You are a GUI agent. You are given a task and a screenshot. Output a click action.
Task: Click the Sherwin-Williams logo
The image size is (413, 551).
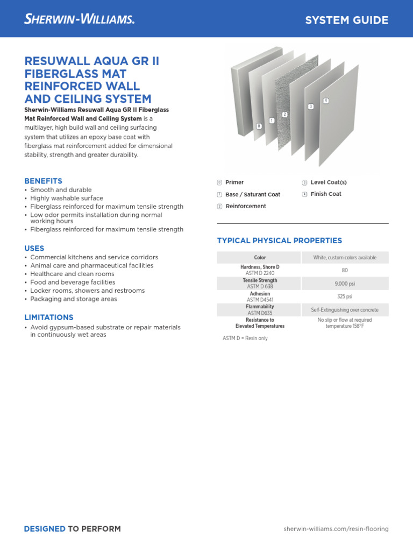pos(79,19)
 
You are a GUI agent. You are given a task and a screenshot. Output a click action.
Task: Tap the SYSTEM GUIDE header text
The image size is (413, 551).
pos(346,20)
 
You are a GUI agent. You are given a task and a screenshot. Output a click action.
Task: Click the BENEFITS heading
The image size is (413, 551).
pos(43,181)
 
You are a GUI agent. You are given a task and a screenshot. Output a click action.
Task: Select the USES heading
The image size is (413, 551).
pos(34,248)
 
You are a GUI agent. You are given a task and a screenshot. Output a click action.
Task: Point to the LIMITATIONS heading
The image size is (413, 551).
pos(48,317)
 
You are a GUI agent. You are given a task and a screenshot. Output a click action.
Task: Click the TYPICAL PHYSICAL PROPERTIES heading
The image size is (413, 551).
pos(279,241)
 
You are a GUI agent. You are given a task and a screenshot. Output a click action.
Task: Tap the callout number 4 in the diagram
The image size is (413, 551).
pos(325,101)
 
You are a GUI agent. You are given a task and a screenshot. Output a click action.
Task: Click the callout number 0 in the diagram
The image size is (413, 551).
pos(259,126)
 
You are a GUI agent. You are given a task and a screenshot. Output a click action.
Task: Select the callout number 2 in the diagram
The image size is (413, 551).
pos(284,115)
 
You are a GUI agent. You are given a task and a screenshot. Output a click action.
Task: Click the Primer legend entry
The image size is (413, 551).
pos(234,182)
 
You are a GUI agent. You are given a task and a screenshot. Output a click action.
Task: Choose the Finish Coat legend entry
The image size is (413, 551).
pos(325,194)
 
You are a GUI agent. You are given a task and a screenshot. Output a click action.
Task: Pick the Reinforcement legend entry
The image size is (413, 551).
pos(245,206)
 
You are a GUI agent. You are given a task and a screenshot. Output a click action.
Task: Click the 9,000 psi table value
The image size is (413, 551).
pos(345,284)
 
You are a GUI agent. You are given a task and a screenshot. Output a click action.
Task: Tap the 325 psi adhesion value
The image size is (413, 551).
pos(345,296)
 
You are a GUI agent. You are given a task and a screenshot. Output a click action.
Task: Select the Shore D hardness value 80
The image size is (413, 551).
pos(345,270)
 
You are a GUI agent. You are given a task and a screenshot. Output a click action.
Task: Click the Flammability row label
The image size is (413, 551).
pos(260,307)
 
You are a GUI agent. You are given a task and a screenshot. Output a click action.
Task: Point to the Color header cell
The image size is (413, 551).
pos(260,258)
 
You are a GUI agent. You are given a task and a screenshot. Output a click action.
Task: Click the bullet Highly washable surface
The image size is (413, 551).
pos(66,198)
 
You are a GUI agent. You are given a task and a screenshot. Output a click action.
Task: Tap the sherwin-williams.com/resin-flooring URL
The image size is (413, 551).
pos(336,529)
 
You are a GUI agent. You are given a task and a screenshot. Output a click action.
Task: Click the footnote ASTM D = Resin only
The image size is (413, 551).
pos(245,338)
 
